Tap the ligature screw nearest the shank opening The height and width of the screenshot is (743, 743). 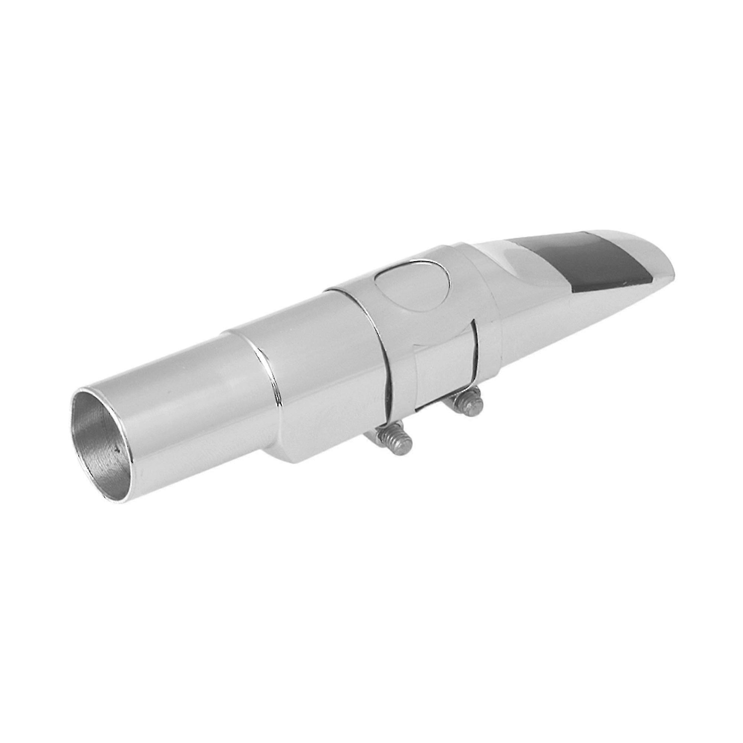click(x=396, y=442)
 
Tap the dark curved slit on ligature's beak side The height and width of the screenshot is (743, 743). click(x=477, y=358)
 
